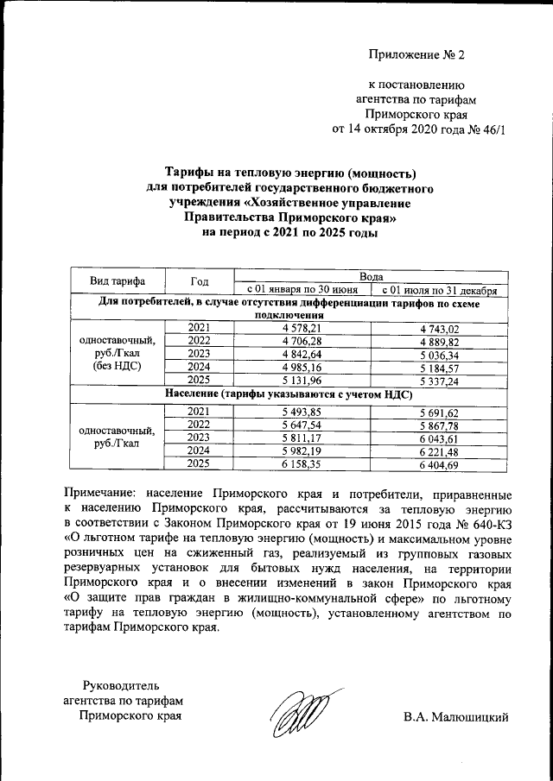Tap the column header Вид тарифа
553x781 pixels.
click(118, 281)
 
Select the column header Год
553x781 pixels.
click(200, 281)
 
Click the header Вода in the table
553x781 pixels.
click(372, 274)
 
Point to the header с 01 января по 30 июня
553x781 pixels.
click(302, 289)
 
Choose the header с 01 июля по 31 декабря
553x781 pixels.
click(439, 289)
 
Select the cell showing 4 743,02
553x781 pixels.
click(439, 328)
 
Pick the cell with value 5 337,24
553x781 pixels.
click(439, 381)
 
